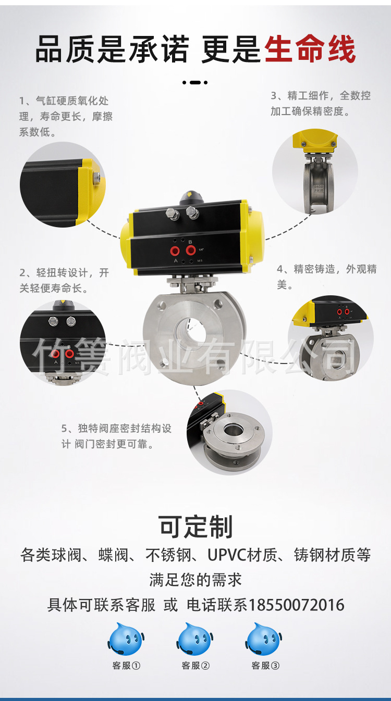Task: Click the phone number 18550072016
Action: coord(297,605)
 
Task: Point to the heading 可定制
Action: coord(195,527)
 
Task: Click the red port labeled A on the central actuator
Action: coord(176,252)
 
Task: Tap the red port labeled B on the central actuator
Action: coord(190,250)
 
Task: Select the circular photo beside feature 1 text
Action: coord(63,184)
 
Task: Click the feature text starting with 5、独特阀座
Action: coord(116,436)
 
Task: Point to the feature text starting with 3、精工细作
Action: coord(321,103)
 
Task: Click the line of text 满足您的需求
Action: coord(195,579)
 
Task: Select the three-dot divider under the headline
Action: coord(195,82)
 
